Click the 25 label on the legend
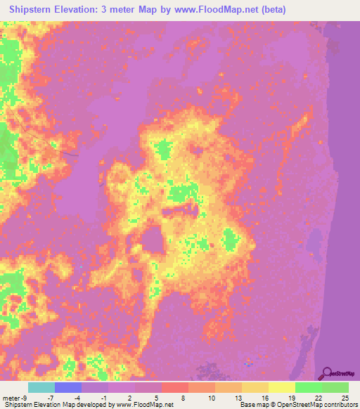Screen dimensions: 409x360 click(344, 398)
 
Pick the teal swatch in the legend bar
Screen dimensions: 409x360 click(41, 387)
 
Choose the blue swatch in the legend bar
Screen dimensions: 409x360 click(68, 387)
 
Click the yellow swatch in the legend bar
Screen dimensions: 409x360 click(281, 387)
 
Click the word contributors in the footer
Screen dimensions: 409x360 click(340, 405)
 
